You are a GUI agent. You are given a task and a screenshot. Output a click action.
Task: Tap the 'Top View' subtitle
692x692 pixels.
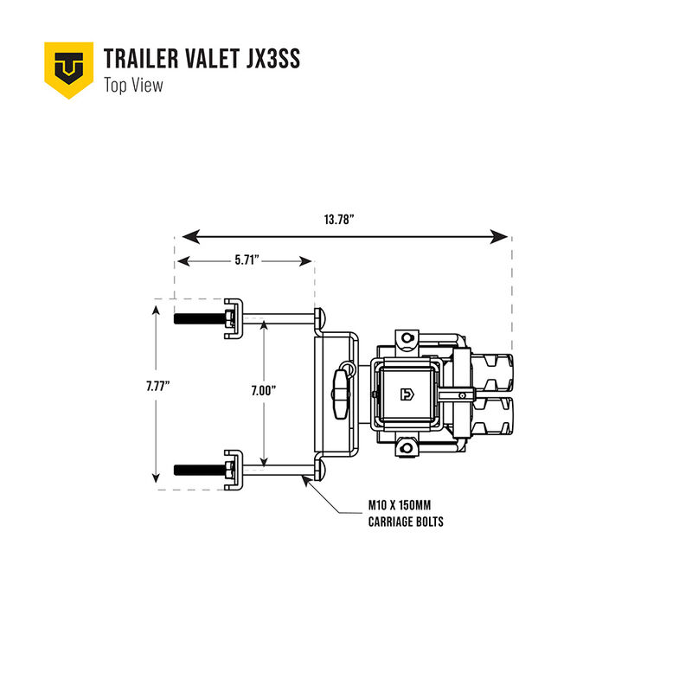(x=133, y=85)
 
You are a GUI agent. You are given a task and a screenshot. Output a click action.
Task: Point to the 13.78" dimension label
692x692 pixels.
(x=339, y=220)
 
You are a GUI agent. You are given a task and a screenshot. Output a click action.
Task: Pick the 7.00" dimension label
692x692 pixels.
(x=263, y=391)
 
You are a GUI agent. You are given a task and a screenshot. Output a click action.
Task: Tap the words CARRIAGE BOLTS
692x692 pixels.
(x=406, y=522)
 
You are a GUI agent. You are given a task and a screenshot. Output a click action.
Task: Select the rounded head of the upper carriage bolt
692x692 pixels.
(x=319, y=318)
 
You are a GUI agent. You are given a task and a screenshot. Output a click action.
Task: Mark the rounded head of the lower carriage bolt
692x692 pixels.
(x=319, y=471)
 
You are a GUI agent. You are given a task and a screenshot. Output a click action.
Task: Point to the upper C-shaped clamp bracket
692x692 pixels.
(x=234, y=312)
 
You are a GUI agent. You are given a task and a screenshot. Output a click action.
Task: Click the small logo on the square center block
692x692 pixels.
(x=406, y=394)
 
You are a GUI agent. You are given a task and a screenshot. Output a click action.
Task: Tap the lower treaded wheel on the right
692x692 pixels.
(x=492, y=417)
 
